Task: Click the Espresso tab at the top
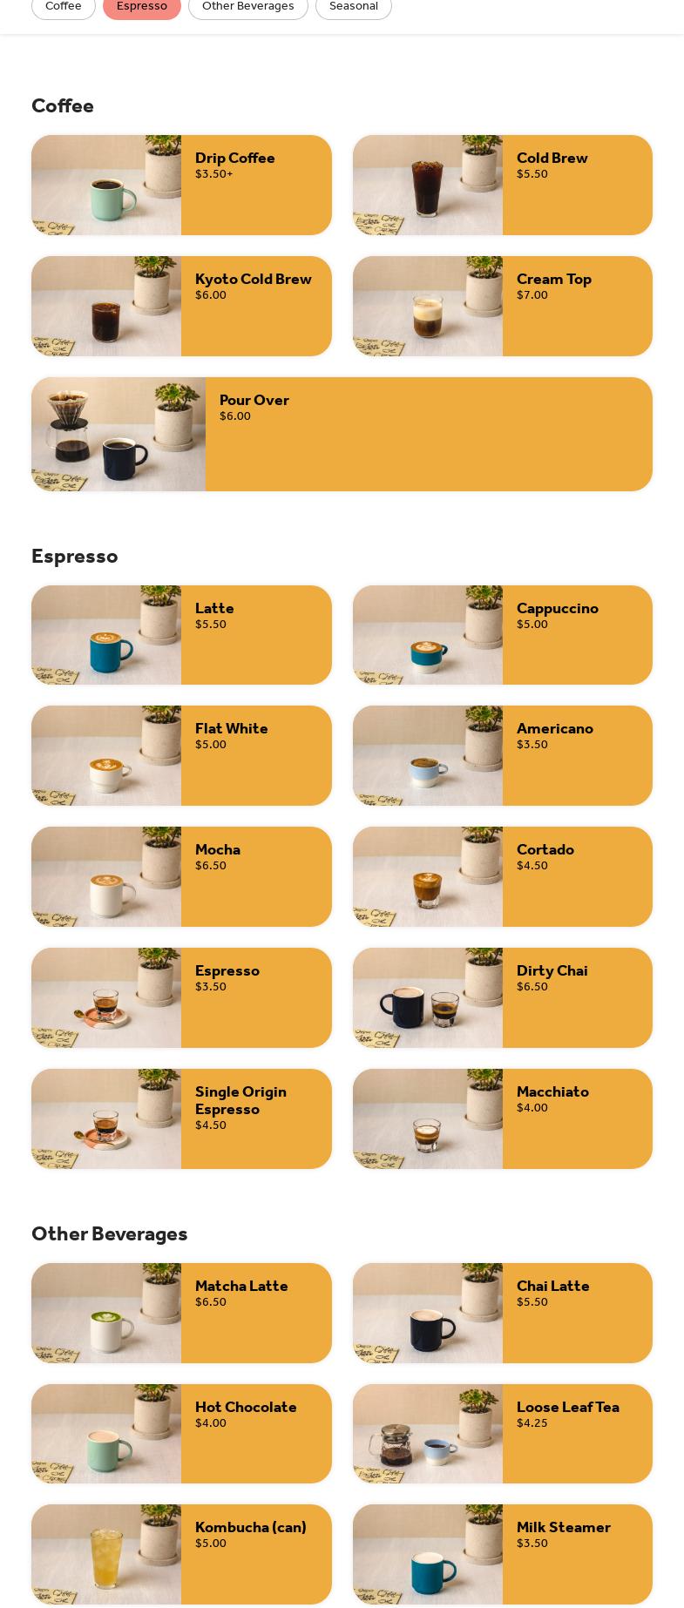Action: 142,6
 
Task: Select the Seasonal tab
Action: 354,6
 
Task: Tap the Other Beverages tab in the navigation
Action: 248,6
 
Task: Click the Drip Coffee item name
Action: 235,158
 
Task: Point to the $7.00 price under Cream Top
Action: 532,295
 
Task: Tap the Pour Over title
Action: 254,400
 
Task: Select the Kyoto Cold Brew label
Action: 254,279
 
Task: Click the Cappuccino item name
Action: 558,608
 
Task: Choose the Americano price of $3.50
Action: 532,745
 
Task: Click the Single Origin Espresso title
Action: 240,1100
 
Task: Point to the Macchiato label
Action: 552,1091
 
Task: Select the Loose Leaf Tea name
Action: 568,1407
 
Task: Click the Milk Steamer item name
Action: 564,1527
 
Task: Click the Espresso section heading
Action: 75,556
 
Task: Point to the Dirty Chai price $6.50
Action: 532,987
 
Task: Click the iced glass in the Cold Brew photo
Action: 427,186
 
